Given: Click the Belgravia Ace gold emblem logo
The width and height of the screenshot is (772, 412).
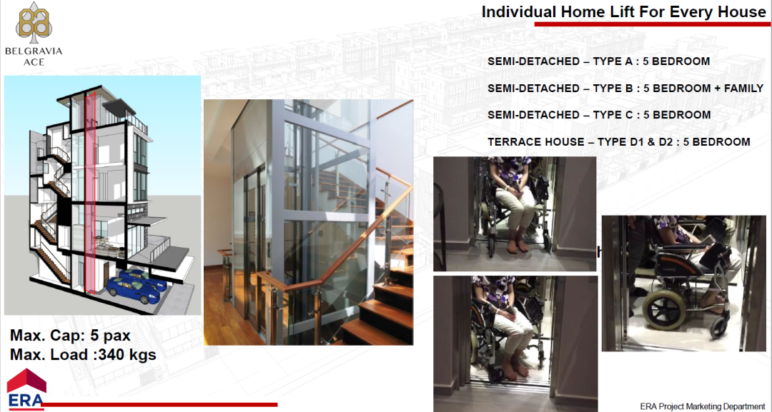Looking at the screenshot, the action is pyautogui.click(x=34, y=23).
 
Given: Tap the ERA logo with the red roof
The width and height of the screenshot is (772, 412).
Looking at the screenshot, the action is pyautogui.click(x=26, y=389).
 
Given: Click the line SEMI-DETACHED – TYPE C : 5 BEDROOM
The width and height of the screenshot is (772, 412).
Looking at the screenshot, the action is pyautogui.click(x=599, y=115).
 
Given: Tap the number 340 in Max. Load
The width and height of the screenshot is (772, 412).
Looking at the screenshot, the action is pyautogui.click(x=112, y=354).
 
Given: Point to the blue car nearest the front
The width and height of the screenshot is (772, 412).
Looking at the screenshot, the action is pyautogui.click(x=132, y=291).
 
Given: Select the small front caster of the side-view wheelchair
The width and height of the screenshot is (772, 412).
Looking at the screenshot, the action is pyautogui.click(x=720, y=328).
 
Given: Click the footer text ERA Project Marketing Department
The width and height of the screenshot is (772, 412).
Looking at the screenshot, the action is pyautogui.click(x=703, y=406).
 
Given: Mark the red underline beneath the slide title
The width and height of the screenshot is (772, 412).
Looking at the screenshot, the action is pyautogui.click(x=653, y=24).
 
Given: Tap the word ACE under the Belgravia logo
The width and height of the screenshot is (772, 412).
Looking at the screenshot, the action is pyautogui.click(x=34, y=62).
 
